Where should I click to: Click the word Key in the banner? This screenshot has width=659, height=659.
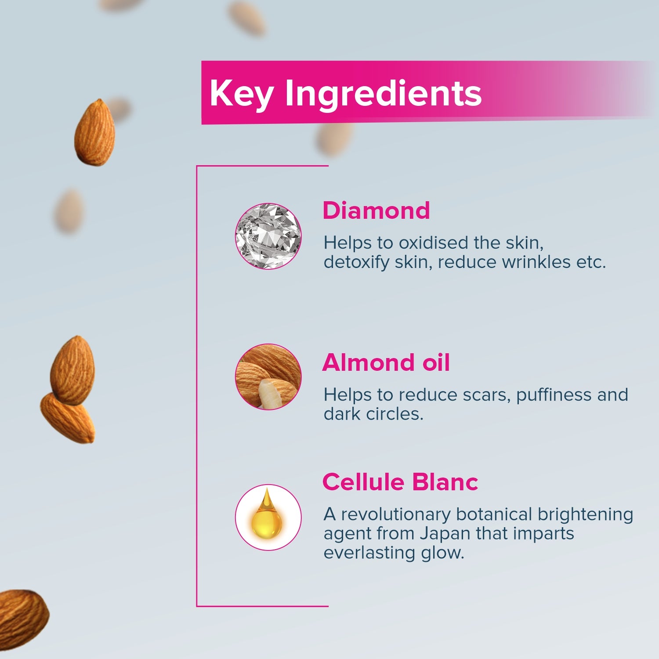click(x=241, y=94)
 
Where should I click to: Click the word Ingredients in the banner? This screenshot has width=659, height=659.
click(x=383, y=94)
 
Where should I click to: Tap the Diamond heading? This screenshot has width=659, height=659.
click(x=376, y=210)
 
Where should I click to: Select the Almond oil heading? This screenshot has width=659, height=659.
click(x=386, y=363)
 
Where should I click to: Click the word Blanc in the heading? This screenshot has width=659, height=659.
click(x=445, y=482)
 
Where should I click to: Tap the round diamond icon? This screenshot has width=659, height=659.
click(x=268, y=236)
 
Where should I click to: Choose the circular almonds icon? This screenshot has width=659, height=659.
click(x=268, y=377)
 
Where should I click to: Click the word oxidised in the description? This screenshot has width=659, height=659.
click(x=433, y=243)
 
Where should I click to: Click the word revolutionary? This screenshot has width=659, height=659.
click(x=395, y=514)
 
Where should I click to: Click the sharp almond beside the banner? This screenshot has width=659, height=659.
click(x=94, y=133)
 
